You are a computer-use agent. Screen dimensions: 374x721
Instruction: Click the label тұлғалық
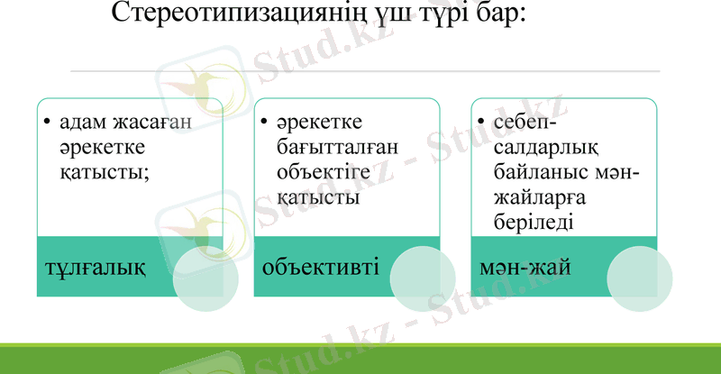96,268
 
